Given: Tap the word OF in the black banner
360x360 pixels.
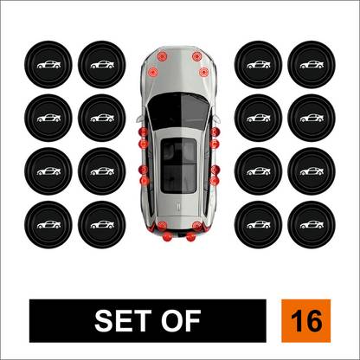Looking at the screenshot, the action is (x=181, y=320).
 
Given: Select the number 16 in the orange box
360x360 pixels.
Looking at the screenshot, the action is (x=306, y=321).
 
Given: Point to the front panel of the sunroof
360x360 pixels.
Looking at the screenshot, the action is (x=179, y=151).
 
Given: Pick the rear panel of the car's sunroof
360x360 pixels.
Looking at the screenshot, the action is (x=179, y=178).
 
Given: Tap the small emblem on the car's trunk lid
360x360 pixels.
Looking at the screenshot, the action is (x=178, y=206).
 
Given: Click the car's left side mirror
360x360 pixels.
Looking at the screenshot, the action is (x=140, y=118).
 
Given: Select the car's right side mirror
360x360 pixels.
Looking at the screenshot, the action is (x=217, y=118).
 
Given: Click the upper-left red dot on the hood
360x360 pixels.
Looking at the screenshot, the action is (x=162, y=56).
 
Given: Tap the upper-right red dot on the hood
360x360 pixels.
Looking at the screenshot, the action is (x=196, y=56).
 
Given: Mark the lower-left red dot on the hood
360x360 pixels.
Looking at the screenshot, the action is (x=152, y=72).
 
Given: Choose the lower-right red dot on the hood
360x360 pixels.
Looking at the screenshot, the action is (x=203, y=72).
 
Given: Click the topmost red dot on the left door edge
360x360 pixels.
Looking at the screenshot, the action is (x=143, y=132).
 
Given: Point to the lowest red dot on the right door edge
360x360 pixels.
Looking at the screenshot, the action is (x=215, y=181).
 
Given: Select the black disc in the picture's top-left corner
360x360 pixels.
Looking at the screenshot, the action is (x=48, y=64).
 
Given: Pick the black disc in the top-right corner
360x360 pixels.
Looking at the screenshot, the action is (x=312, y=64).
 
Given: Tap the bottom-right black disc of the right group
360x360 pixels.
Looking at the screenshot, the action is (x=312, y=225).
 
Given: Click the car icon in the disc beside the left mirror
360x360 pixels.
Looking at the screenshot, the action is (x=102, y=118).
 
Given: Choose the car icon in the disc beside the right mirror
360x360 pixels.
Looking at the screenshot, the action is (x=259, y=118).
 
